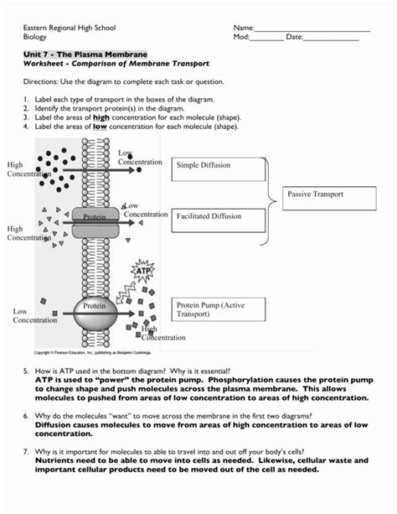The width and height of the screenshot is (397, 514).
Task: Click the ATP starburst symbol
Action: [142, 271]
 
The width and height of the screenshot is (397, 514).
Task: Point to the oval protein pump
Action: [95, 314]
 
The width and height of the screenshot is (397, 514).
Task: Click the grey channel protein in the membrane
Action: [95, 222]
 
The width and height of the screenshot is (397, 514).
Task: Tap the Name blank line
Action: [312, 31]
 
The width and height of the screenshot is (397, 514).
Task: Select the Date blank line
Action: [331, 40]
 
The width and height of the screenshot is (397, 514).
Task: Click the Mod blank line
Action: [266, 40]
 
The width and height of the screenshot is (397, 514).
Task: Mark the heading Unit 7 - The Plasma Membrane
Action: [85, 55]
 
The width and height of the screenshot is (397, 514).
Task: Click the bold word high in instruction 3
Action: [101, 117]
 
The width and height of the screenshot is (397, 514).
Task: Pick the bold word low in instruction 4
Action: [100, 127]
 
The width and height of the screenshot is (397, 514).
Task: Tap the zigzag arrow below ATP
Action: [126, 293]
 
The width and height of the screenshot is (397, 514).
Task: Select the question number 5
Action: [26, 371]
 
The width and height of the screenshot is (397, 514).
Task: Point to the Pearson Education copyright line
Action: [93, 353]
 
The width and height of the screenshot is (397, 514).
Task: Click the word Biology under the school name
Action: [34, 37]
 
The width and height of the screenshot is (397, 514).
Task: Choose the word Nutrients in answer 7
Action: [54, 460]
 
